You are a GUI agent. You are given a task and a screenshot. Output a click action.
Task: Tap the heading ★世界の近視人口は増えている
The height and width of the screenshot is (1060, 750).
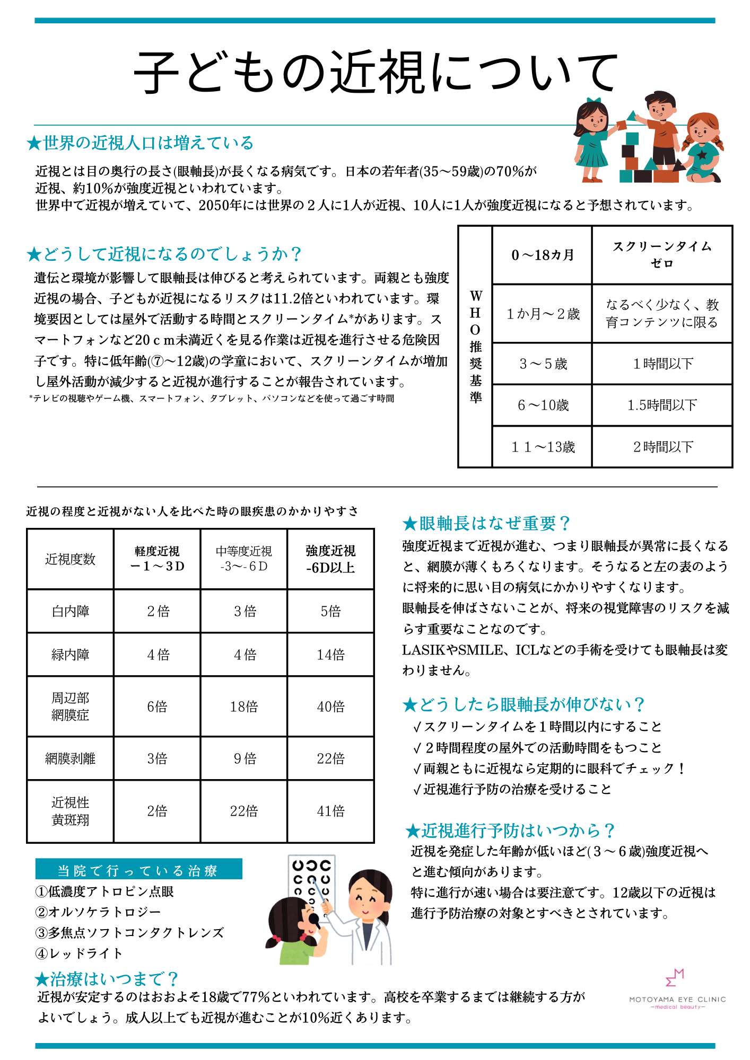coord(141,143)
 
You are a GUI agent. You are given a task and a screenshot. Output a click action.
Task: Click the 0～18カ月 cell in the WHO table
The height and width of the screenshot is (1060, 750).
coord(542,255)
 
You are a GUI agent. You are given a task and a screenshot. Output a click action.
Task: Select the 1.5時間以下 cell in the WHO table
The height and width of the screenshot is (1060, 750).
coord(662,405)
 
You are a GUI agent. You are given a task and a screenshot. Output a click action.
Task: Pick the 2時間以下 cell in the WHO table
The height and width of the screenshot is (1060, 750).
coord(662,447)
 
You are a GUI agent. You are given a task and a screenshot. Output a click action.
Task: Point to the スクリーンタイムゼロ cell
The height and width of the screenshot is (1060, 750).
coord(662,255)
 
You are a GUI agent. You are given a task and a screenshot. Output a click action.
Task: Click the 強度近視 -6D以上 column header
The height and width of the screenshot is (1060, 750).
coord(330,559)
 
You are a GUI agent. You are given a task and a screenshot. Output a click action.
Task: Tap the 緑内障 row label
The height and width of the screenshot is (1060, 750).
coord(70,655)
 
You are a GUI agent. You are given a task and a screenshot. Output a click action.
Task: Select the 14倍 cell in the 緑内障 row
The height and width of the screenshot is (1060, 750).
coord(330,655)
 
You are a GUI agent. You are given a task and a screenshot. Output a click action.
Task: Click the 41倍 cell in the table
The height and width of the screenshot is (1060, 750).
coord(330,811)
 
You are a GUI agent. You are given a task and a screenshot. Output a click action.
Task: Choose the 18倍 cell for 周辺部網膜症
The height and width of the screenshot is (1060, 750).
coord(244,706)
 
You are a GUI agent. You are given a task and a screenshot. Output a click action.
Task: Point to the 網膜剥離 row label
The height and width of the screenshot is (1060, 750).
coord(70,758)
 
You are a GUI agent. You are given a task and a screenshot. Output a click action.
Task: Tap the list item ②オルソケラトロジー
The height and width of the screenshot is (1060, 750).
coord(98,912)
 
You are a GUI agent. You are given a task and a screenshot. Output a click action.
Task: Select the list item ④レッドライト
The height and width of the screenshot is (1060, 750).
coord(79,953)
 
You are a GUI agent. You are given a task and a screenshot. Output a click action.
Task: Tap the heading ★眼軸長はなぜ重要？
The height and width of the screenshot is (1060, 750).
coord(486,524)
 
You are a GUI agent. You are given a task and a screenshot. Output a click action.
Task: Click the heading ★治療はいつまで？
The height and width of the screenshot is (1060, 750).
coord(106,978)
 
